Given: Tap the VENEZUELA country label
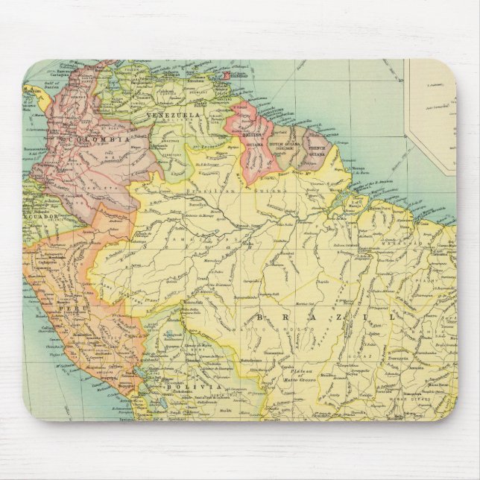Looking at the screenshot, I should pyautogui.click(x=174, y=116).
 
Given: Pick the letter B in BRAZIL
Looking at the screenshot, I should pyautogui.click(x=260, y=318).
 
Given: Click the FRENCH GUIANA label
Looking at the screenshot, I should pyautogui.click(x=315, y=148).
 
